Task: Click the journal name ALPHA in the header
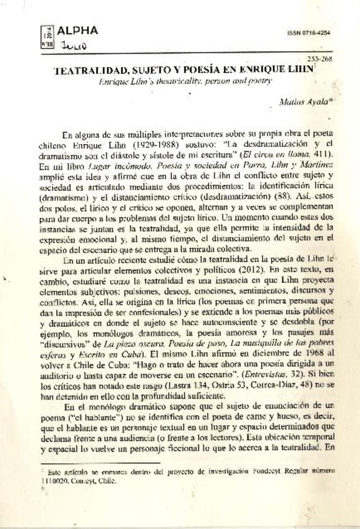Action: pyautogui.click(x=77, y=31)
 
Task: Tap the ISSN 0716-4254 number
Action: pyautogui.click(x=308, y=33)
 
